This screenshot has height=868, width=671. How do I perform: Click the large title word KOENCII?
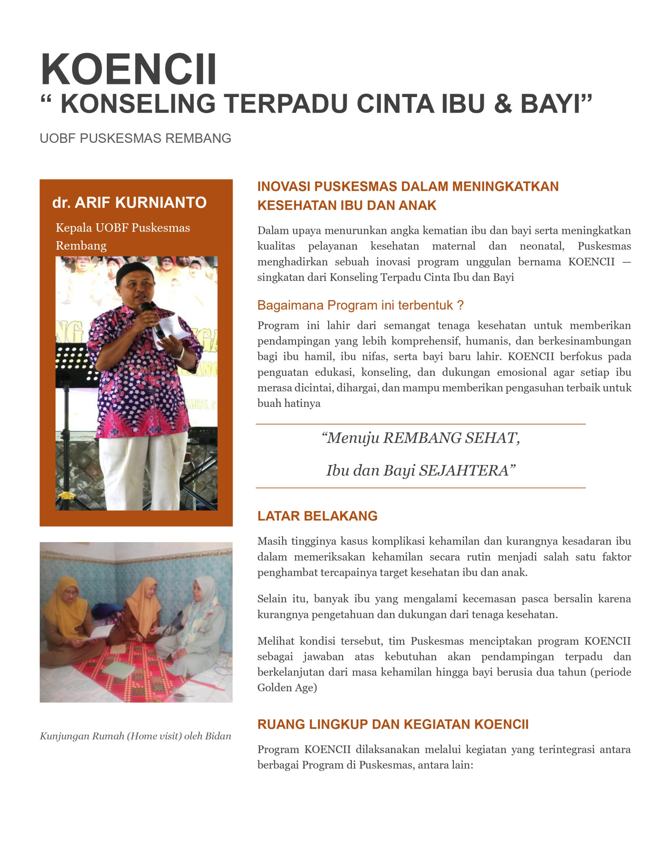[128, 70]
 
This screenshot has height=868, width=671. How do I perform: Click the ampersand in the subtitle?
[503, 104]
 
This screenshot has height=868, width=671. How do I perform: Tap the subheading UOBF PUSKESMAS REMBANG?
[135, 139]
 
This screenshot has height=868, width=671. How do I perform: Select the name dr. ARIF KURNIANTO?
[129, 203]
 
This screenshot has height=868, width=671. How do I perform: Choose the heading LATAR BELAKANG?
[317, 516]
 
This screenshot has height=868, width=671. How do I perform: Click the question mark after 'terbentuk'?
[460, 305]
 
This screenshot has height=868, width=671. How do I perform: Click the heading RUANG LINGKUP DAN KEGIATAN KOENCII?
[393, 724]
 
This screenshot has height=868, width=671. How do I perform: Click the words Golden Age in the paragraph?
[287, 688]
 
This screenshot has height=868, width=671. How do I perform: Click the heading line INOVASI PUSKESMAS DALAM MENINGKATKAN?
[408, 186]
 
